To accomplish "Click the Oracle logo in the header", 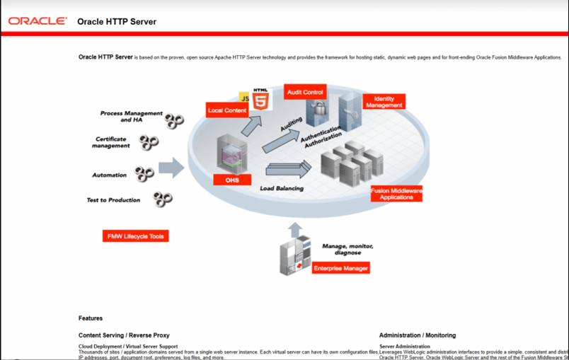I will coord(38,21).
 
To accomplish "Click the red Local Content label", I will coord(227,110).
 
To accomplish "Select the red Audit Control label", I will coord(305,92).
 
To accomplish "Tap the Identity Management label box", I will coord(384,102).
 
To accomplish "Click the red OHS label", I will coord(232,180).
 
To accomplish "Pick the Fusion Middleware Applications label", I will coord(396,194).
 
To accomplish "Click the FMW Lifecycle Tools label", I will coord(135,236).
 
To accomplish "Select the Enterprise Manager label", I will coord(340,269).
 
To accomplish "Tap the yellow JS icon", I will coord(245,96).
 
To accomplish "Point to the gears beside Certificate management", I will coord(149,143).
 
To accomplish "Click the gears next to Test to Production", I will coord(163,199).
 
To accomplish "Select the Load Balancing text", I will coord(281,189).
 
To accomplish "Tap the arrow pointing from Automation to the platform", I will coord(171,168).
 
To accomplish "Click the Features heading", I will coord(91,318).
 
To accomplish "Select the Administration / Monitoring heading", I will coord(417,335).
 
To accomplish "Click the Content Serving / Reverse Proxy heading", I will coord(124,335).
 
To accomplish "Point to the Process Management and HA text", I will coord(131,117).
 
